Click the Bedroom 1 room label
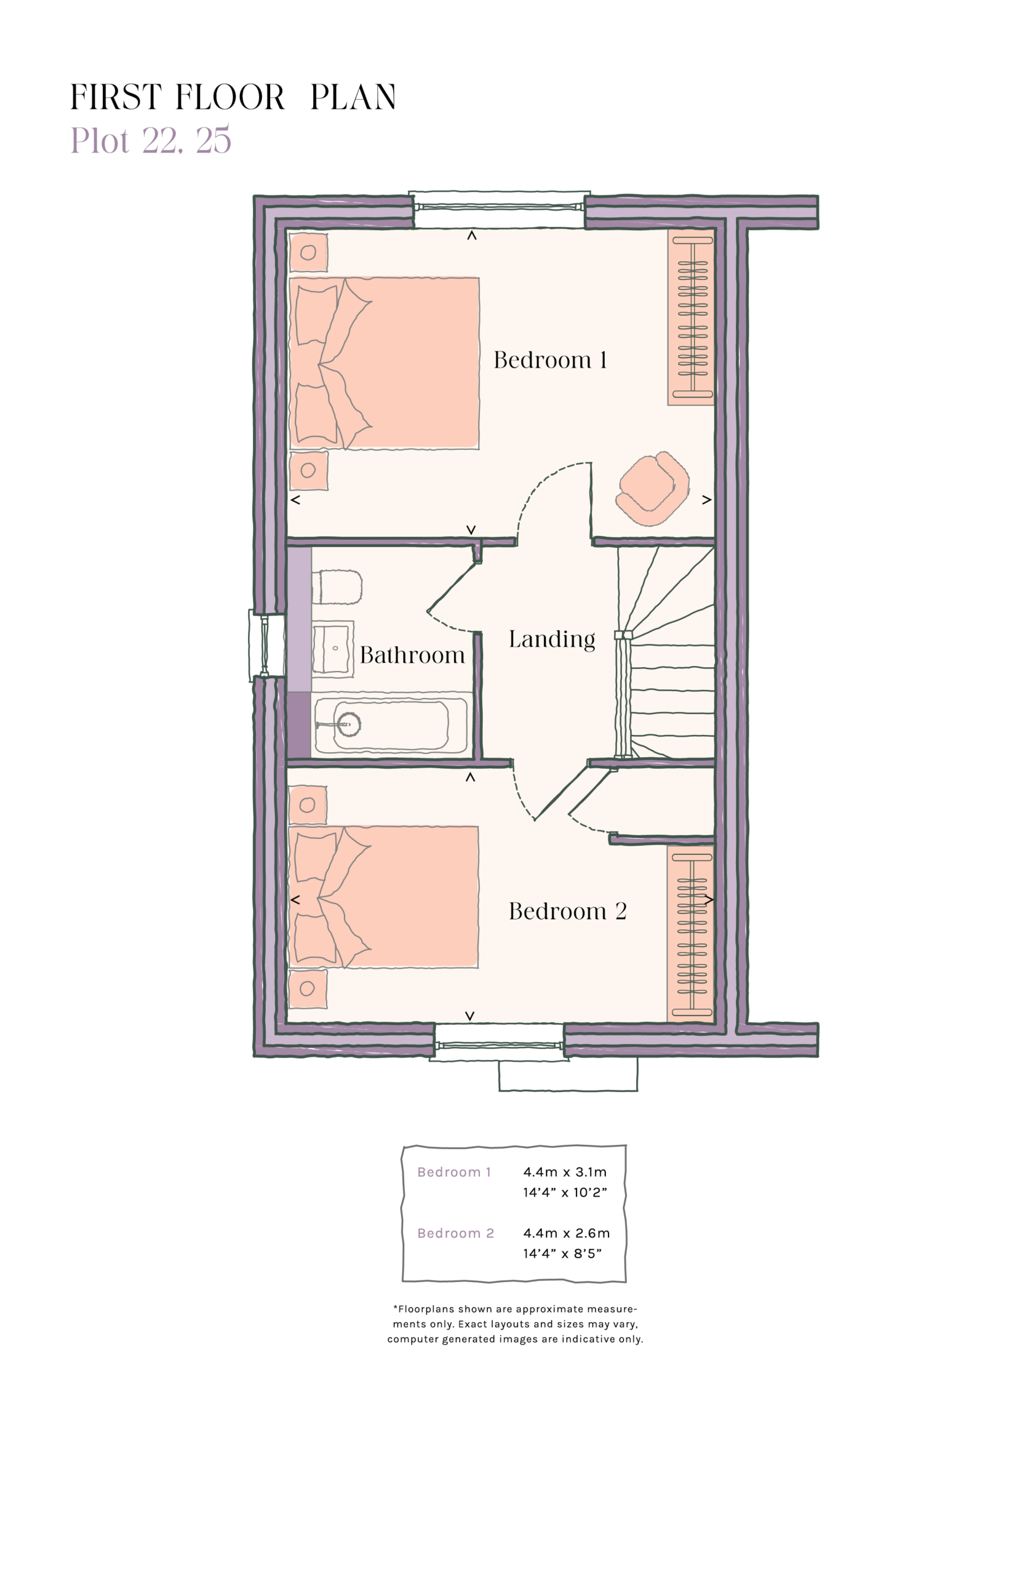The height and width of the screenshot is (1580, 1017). pyautogui.click(x=549, y=360)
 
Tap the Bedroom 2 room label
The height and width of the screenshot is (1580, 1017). pyautogui.click(x=567, y=912)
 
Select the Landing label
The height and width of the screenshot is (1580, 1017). pyautogui.click(x=551, y=640)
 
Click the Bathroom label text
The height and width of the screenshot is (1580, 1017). pyautogui.click(x=412, y=656)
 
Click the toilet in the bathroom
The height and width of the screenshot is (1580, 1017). pyautogui.click(x=338, y=587)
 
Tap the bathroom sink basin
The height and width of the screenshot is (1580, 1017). pyautogui.click(x=332, y=649)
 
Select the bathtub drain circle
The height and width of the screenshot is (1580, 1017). pyautogui.click(x=349, y=724)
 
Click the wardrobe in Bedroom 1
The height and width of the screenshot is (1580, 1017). pyautogui.click(x=692, y=317)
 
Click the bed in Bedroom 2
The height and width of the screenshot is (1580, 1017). pyautogui.click(x=383, y=897)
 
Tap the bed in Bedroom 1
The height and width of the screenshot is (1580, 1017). pyautogui.click(x=385, y=363)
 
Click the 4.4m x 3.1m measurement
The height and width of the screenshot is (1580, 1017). pyautogui.click(x=565, y=1172)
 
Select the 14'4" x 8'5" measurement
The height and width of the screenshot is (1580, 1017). pyautogui.click(x=562, y=1253)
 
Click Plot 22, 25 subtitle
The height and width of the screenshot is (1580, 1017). pyautogui.click(x=151, y=140)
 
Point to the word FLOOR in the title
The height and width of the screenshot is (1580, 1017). pyautogui.click(x=230, y=98)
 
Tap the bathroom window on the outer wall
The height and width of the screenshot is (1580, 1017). pyautogui.click(x=264, y=645)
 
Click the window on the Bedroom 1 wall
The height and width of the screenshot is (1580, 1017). pyautogui.click(x=498, y=207)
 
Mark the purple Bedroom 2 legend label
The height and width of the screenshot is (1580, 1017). pyautogui.click(x=455, y=1233)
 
